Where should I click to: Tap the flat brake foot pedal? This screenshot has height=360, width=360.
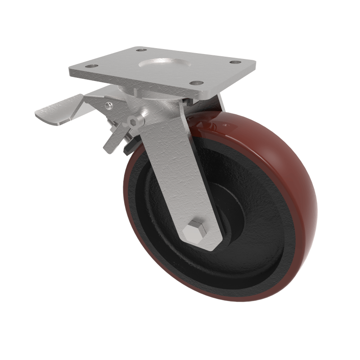[x=54, y=111]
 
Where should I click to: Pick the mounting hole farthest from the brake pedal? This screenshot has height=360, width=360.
[x=235, y=63]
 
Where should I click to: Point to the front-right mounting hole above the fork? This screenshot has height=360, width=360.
[x=195, y=83]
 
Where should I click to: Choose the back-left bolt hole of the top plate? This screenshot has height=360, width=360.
[x=140, y=50]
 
